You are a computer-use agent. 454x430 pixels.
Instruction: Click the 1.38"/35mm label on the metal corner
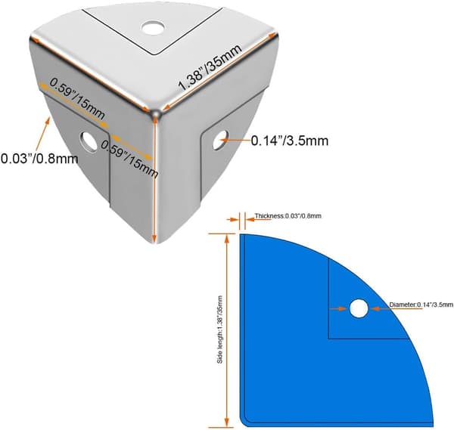[x=210, y=67]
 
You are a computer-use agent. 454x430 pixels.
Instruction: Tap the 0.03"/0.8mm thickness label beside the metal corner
[x=39, y=159]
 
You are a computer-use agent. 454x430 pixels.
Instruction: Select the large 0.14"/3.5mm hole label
[x=290, y=141]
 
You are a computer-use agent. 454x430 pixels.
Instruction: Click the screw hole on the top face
[x=153, y=27]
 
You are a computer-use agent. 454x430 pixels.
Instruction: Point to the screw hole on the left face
[x=89, y=142]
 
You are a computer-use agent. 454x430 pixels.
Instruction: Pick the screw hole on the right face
[x=221, y=140]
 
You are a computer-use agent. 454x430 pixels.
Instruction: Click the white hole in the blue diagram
[x=359, y=308]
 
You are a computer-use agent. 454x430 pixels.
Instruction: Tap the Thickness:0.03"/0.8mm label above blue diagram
[x=288, y=215]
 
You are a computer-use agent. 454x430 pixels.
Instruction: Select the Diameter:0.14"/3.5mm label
[x=421, y=305]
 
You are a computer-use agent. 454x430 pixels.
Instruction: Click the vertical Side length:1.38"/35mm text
[x=220, y=329]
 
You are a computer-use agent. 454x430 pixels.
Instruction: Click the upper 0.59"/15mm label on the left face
[x=77, y=98]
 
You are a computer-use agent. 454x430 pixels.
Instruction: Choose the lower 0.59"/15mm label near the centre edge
[x=129, y=159]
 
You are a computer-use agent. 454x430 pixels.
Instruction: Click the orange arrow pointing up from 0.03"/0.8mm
[x=42, y=135]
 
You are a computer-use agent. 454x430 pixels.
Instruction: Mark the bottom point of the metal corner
[x=155, y=243]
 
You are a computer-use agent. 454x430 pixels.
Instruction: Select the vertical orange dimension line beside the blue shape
[x=227, y=330]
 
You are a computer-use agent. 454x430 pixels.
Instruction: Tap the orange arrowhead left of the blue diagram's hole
[x=343, y=308]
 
